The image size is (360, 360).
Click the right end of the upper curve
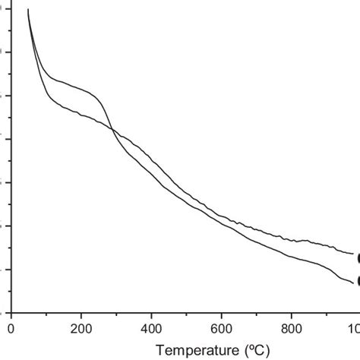[353, 254]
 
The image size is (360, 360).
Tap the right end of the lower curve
[353, 282]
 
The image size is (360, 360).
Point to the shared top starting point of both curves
[28, 9]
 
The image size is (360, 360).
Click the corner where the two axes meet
[11, 313]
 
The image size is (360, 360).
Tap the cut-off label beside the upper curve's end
[358, 257]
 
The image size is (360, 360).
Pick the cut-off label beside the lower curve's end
[358, 282]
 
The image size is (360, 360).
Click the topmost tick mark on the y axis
[8, 9]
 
